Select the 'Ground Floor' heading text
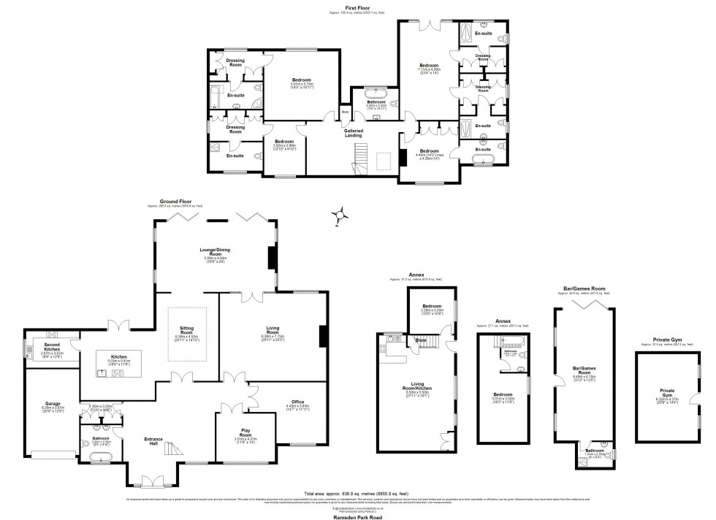tap(175, 201)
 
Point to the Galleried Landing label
tap(354, 133)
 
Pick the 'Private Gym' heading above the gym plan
tap(667, 340)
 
